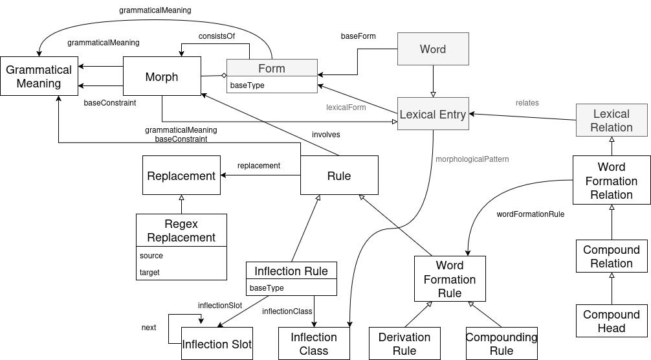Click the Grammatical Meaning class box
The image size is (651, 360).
pyautogui.click(x=39, y=76)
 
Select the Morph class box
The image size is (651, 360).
pyautogui.click(x=162, y=77)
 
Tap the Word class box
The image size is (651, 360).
pyautogui.click(x=433, y=49)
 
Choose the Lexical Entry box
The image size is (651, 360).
pyautogui.click(x=433, y=115)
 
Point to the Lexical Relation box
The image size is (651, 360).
pyautogui.click(x=612, y=120)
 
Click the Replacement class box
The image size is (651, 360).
pyautogui.click(x=181, y=175)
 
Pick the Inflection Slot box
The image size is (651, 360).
pyautogui.click(x=217, y=344)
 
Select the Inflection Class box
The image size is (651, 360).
pyautogui.click(x=314, y=344)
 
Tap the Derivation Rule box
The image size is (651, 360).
pyautogui.click(x=404, y=344)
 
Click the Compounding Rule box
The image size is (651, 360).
pyautogui.click(x=502, y=344)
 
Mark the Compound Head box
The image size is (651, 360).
pyautogui.click(x=612, y=321)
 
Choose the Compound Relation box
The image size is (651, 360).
pyautogui.click(x=612, y=256)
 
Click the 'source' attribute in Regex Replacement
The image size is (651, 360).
pyautogui.click(x=151, y=256)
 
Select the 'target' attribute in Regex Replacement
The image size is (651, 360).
pyautogui.click(x=149, y=273)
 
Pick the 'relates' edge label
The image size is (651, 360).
pyautogui.click(x=527, y=102)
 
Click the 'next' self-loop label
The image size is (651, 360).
pyautogui.click(x=149, y=328)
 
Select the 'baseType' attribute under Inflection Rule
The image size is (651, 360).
pyautogui.click(x=267, y=288)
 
